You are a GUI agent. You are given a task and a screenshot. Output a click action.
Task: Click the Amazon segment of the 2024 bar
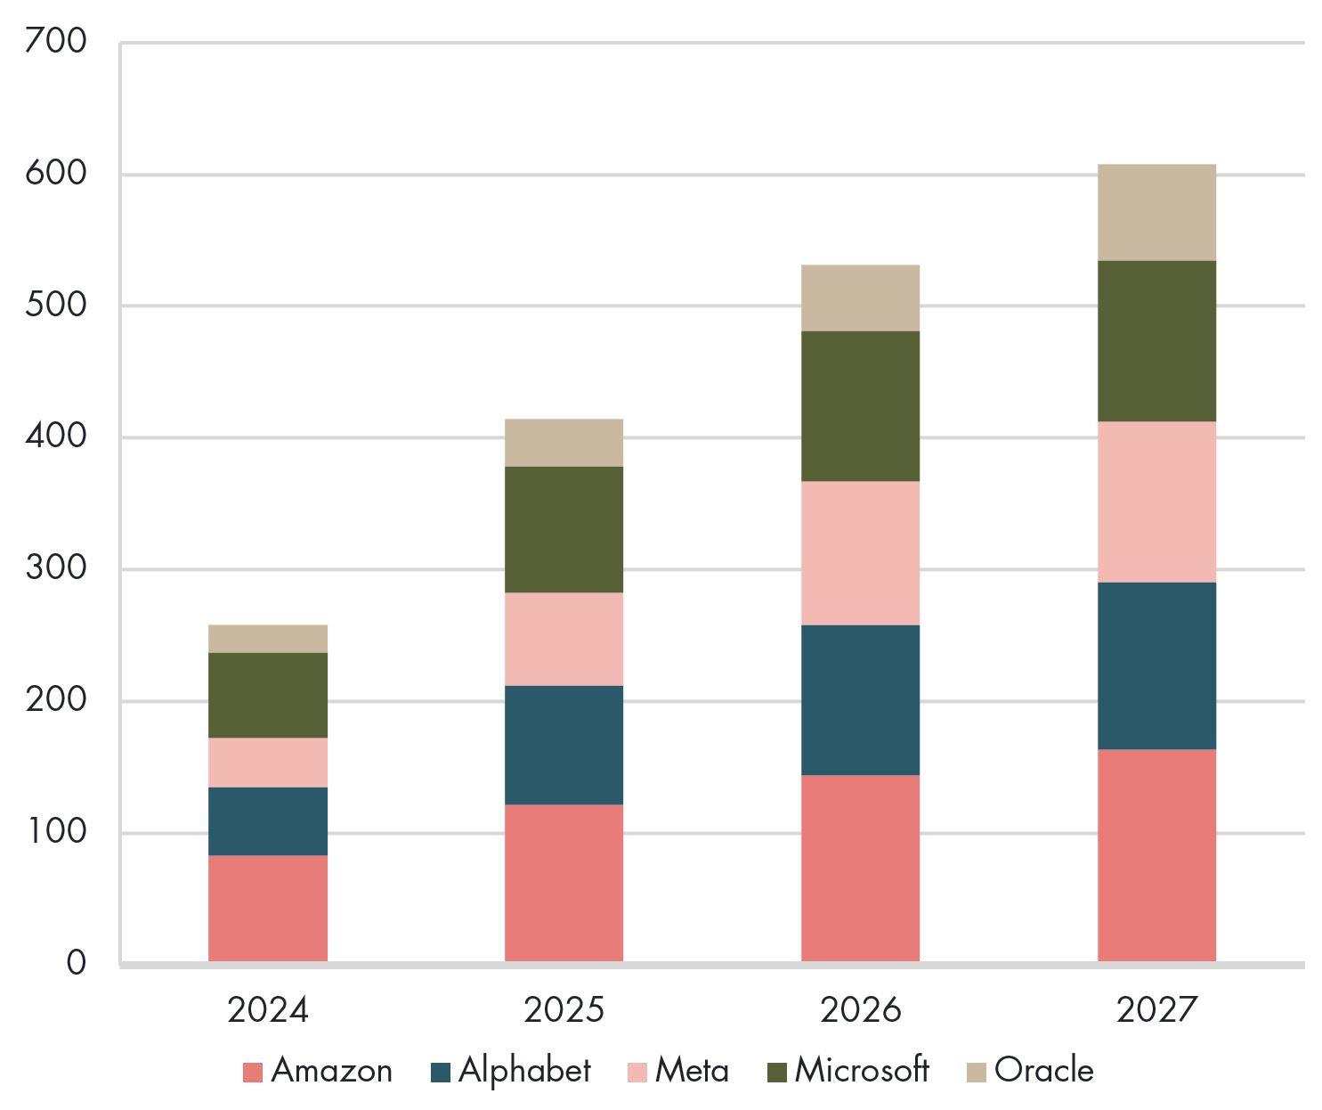(267, 908)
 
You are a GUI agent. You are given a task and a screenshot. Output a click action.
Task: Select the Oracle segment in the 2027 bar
(1156, 212)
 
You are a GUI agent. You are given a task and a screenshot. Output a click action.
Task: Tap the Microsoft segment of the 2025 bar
(564, 529)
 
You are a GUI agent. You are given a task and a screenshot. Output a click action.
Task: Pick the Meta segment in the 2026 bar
(860, 552)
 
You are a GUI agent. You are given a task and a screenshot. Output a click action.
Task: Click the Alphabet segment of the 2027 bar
(1156, 665)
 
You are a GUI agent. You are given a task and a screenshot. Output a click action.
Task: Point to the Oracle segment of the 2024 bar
(267, 638)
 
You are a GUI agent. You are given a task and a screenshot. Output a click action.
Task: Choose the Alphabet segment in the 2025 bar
(564, 745)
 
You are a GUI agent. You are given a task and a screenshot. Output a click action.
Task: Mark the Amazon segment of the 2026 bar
(860, 868)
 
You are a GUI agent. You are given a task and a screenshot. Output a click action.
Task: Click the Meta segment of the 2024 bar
(267, 762)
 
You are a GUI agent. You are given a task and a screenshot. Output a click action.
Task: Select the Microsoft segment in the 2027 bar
(1156, 340)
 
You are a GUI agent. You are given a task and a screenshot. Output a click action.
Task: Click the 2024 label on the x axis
(267, 1010)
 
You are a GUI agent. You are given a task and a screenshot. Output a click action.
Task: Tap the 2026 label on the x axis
(860, 1010)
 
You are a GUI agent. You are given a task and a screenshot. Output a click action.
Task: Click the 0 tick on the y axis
(76, 963)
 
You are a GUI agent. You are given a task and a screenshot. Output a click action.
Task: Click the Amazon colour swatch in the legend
(253, 1072)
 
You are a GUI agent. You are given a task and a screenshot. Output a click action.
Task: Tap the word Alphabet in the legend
(524, 1070)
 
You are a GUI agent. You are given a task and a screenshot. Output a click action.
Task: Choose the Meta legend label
(692, 1070)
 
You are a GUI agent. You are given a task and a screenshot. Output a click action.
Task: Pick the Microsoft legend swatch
(777, 1072)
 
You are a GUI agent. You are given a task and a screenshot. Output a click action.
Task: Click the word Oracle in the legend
(1043, 1070)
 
